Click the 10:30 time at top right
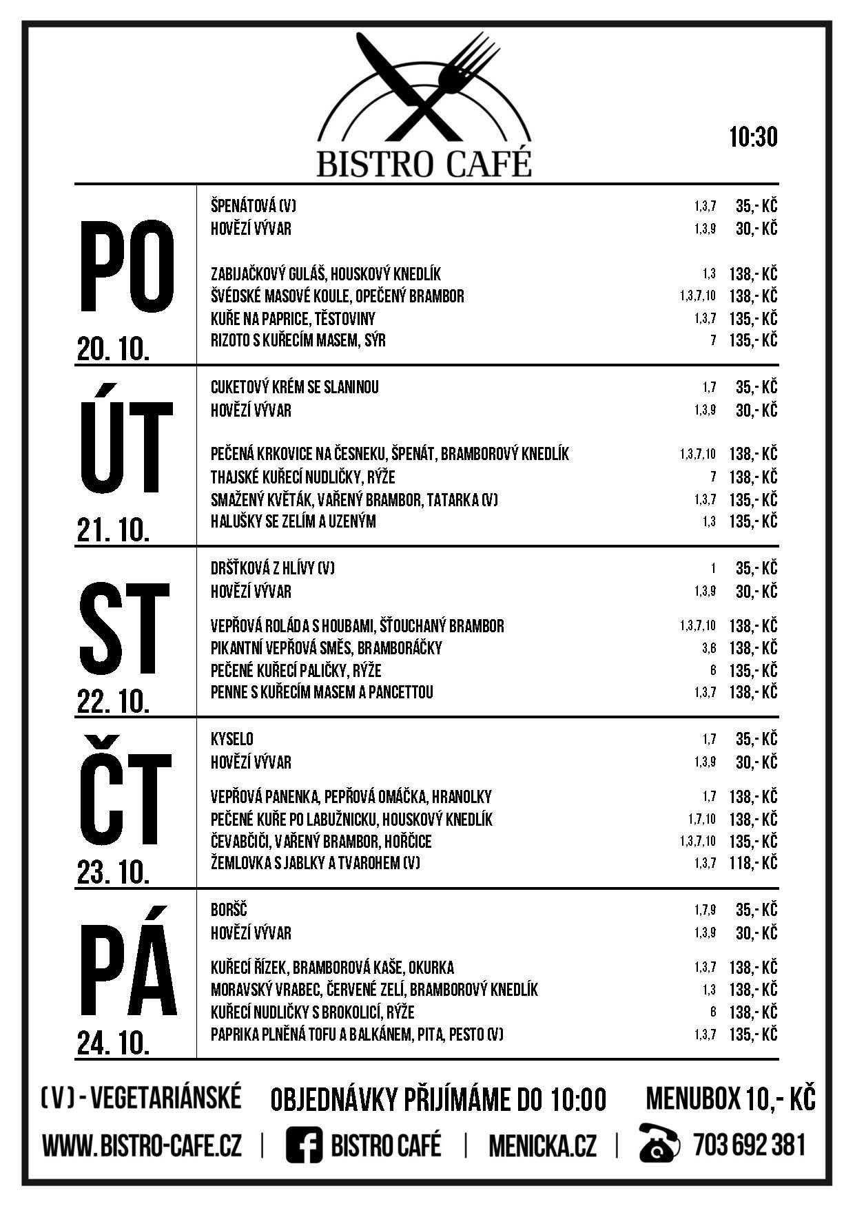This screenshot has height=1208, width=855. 753,137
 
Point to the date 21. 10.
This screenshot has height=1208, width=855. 113,530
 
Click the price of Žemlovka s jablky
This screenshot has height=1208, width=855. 752,863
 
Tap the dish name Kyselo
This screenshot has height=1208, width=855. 232,739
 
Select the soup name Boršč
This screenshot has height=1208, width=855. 229,910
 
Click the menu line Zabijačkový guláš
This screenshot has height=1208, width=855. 325,273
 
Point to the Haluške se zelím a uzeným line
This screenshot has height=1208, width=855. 293,521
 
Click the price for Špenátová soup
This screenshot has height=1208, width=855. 756,206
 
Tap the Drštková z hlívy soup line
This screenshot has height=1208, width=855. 273,568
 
